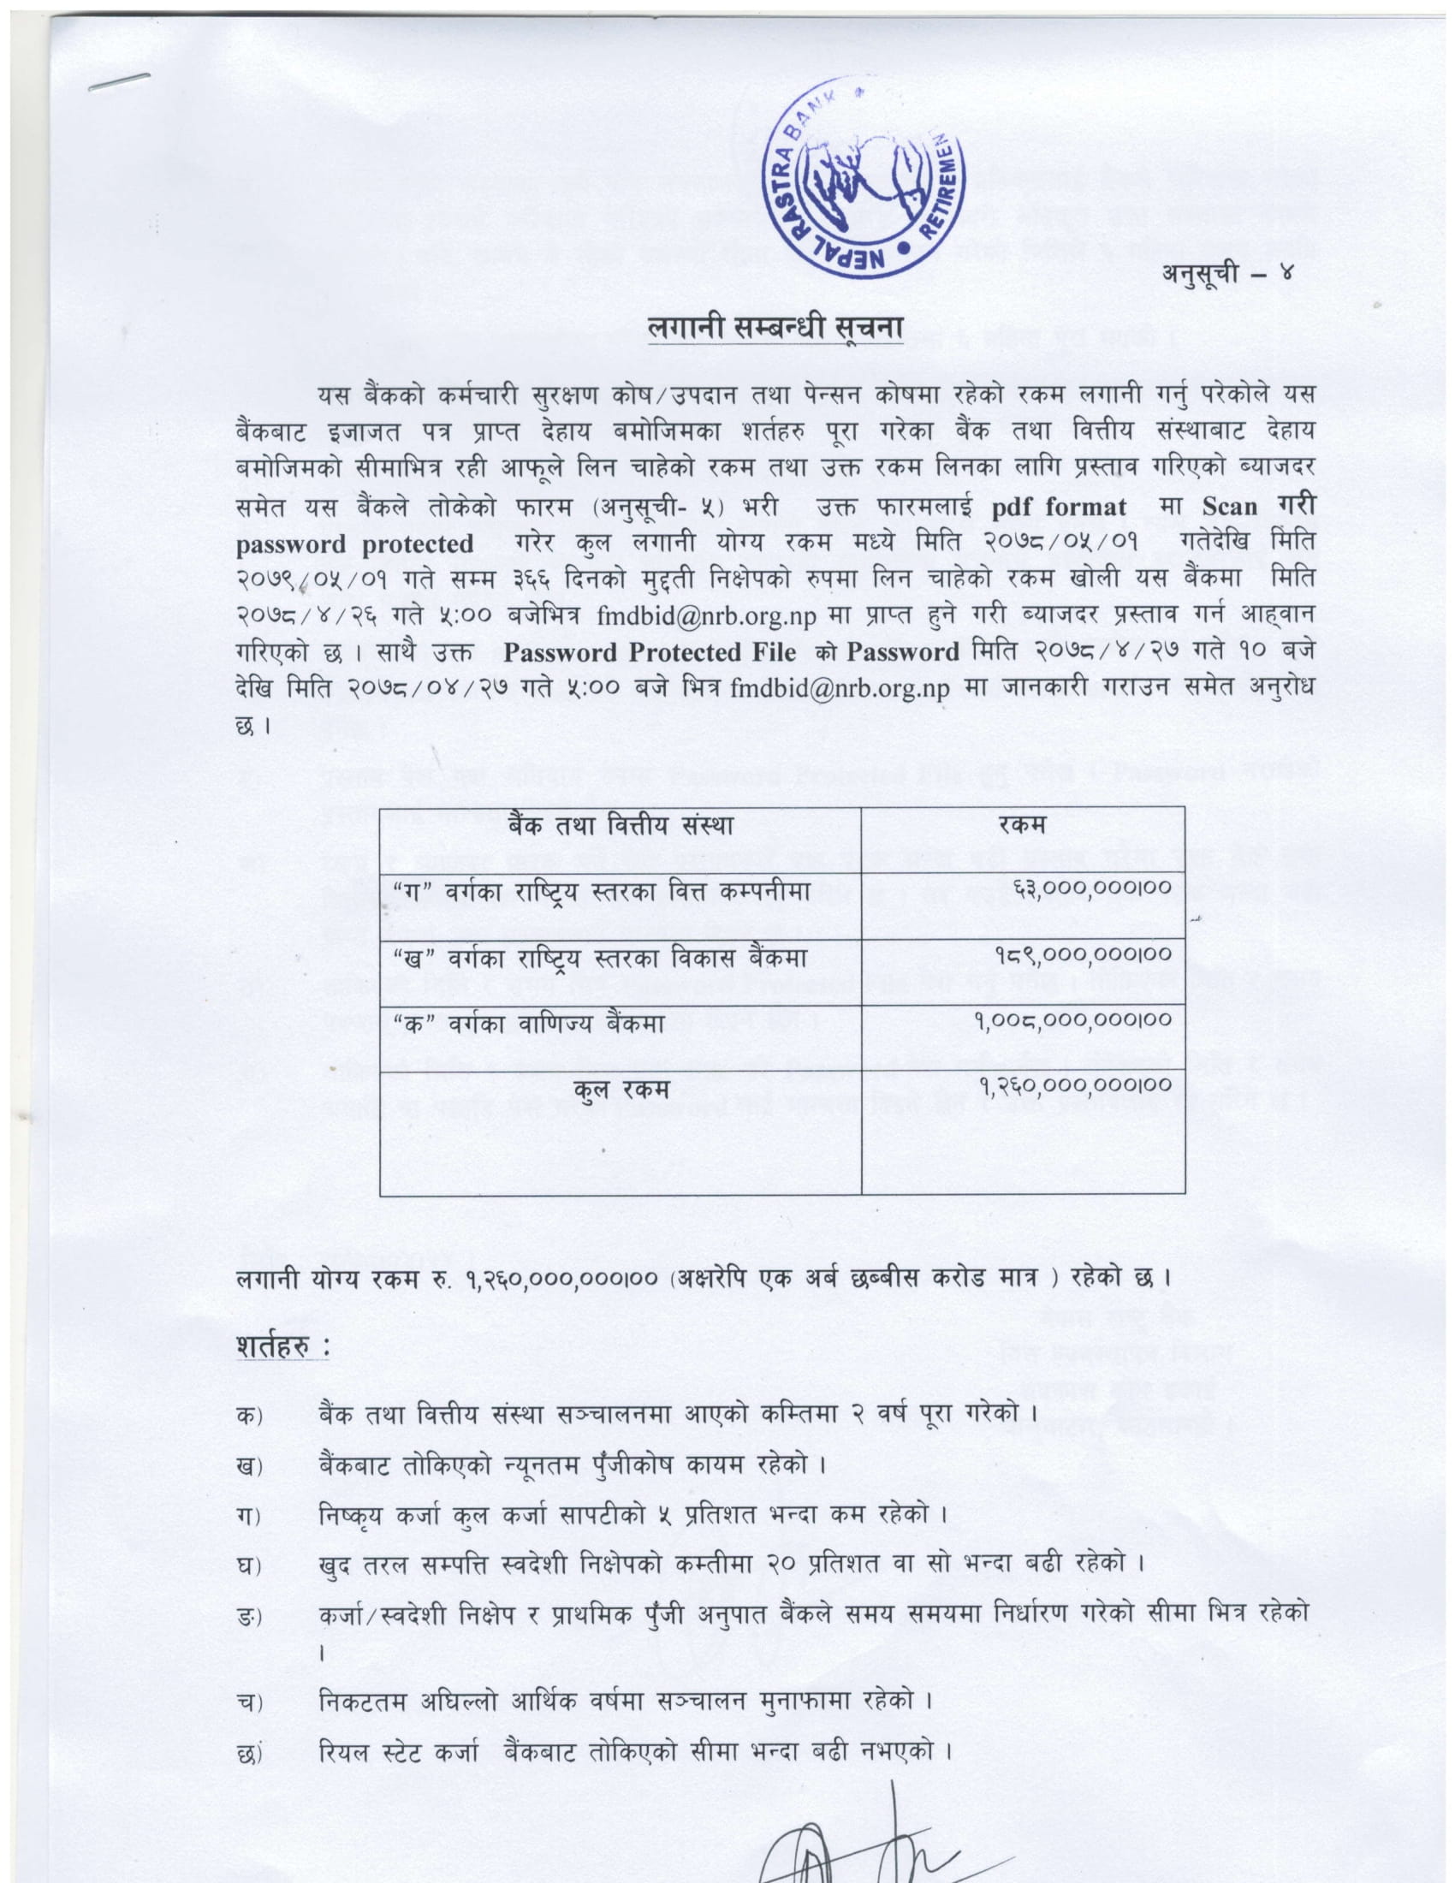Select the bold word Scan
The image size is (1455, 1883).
pyautogui.click(x=1230, y=507)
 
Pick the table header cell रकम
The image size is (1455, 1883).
pyautogui.click(x=1022, y=826)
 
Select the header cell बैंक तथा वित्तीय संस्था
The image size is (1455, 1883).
pyautogui.click(x=620, y=826)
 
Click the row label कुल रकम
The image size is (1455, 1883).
pyautogui.click(x=621, y=1089)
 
